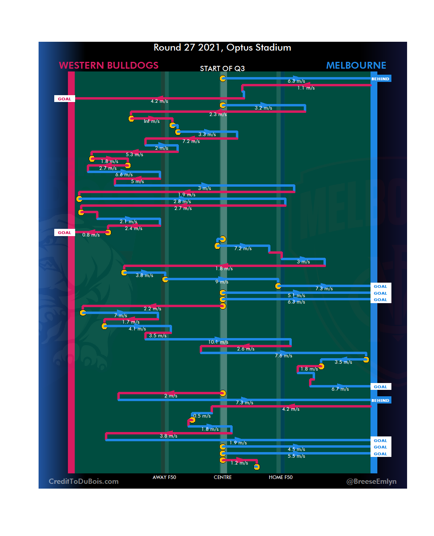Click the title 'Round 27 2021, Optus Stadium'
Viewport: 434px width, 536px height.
[222, 48]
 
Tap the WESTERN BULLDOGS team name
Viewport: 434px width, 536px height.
[108, 65]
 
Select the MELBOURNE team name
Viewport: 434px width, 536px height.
[356, 65]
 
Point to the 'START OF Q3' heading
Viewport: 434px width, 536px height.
[222, 69]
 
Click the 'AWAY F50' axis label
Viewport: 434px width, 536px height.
[164, 477]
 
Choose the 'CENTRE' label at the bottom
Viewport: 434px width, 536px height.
[223, 477]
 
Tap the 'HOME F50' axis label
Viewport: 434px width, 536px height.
[280, 477]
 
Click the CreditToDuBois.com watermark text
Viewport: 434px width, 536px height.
[84, 481]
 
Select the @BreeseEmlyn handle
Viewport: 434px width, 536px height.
[371, 481]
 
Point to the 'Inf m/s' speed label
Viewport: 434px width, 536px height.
[151, 121]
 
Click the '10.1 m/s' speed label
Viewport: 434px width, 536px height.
[218, 342]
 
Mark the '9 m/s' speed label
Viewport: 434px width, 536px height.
[221, 282]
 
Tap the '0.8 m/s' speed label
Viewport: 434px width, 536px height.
[91, 235]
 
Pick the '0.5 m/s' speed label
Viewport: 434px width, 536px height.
[202, 416]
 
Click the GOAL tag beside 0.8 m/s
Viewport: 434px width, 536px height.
[64, 233]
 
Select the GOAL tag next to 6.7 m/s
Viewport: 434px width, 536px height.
[380, 387]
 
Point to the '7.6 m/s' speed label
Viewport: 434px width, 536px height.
[283, 356]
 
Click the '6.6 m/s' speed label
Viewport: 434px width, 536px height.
[124, 175]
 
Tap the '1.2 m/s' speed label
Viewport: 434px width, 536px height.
[239, 463]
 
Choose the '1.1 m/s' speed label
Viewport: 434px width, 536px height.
[306, 88]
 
